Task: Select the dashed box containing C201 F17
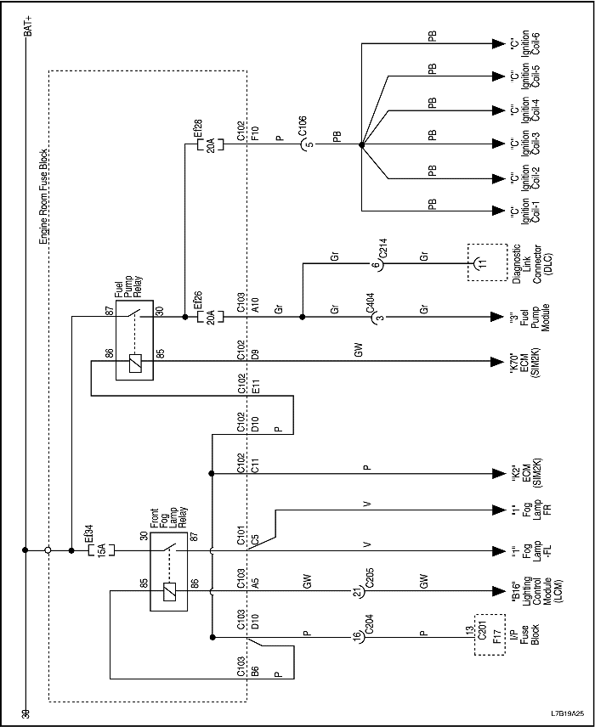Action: tap(488, 635)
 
